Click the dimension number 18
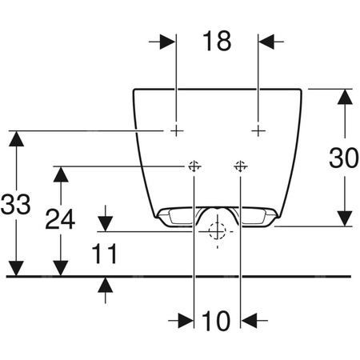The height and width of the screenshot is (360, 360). coord(216,42)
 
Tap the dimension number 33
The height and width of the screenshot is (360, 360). coord(15,205)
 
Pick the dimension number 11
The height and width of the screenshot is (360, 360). coord(104,254)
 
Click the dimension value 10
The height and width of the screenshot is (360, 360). coord(216,321)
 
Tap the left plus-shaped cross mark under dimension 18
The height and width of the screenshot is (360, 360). coord(176,130)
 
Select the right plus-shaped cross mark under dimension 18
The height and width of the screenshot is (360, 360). coord(258,130)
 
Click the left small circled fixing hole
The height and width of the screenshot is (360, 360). coord(194,166)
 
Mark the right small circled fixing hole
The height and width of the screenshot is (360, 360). coord(240,166)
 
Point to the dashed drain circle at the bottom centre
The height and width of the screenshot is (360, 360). coord(216,232)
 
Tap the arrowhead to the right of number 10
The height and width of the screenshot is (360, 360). coord(250,320)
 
